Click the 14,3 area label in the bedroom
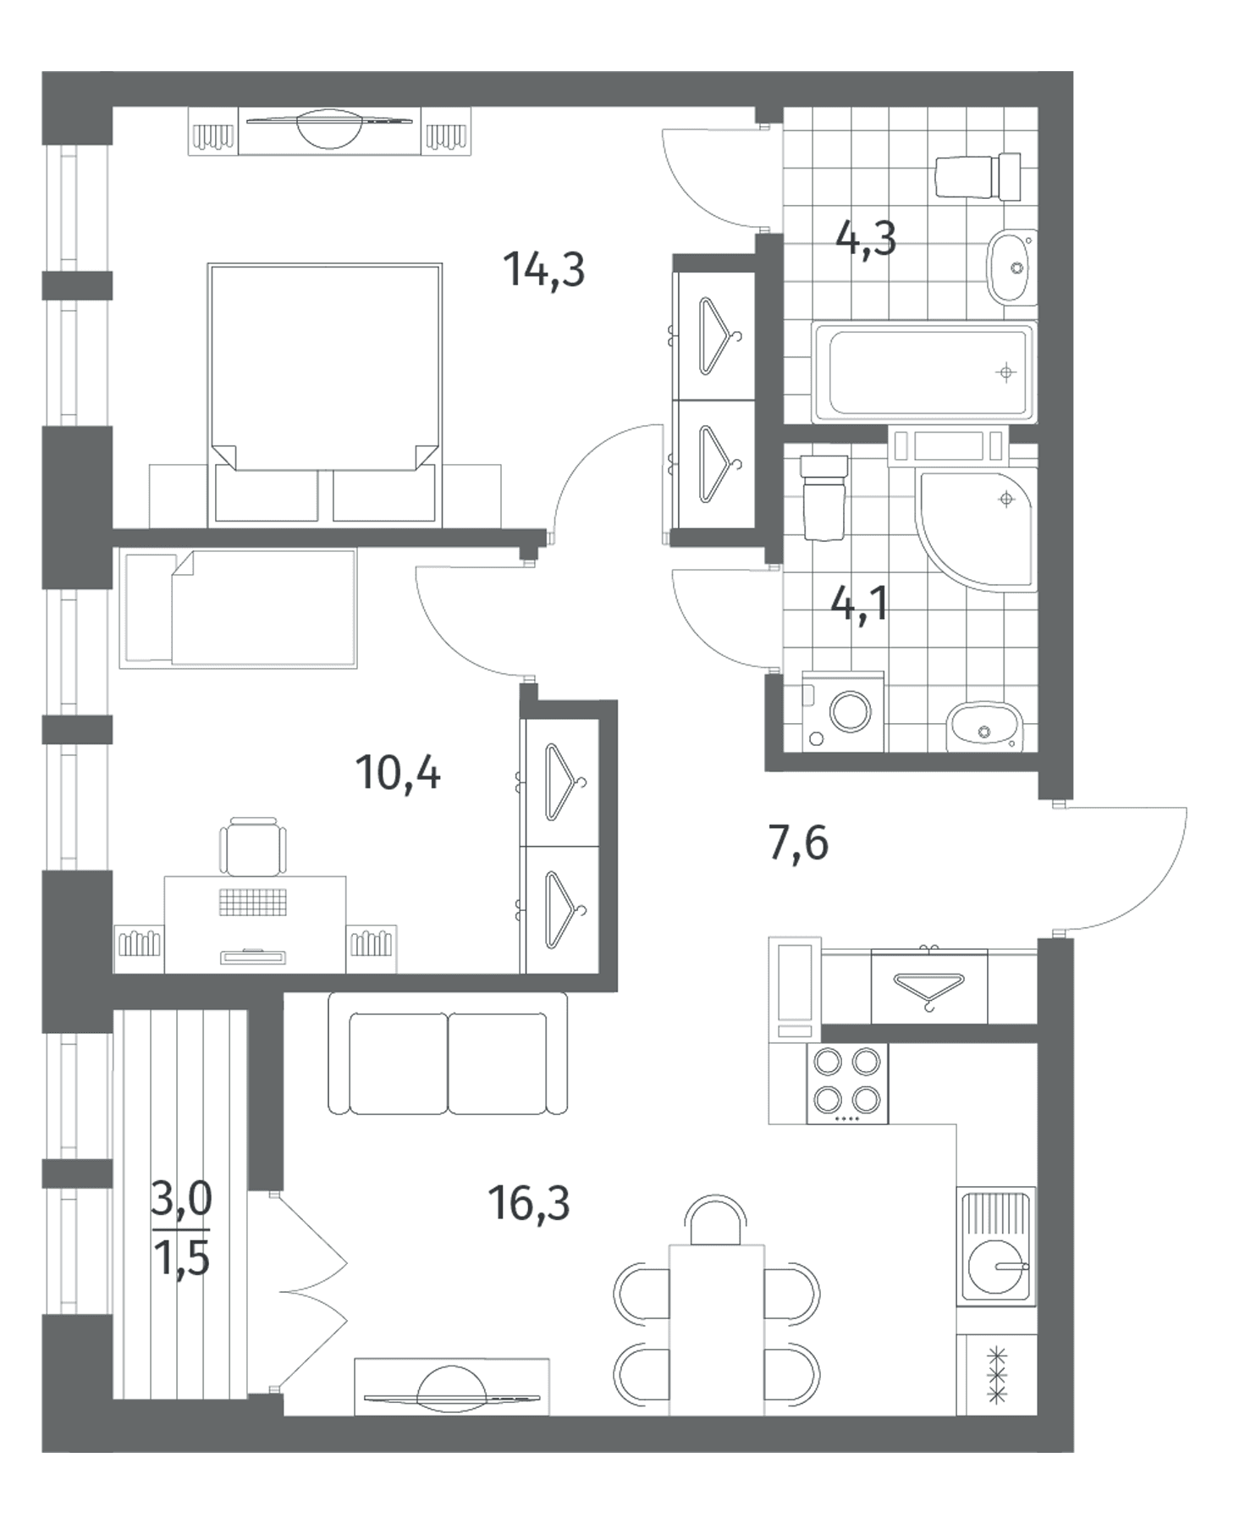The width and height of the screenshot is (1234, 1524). (x=543, y=270)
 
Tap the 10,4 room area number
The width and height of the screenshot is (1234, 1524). (x=398, y=772)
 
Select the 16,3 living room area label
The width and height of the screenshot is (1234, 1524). (x=529, y=1202)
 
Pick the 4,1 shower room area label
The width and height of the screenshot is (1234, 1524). (x=859, y=604)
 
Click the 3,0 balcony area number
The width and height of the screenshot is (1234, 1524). (x=181, y=1199)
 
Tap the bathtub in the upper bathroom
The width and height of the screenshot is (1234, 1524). (x=923, y=372)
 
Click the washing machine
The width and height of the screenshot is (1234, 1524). (x=843, y=711)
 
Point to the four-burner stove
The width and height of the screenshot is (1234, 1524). (x=846, y=1083)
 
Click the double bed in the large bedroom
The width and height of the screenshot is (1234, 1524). (x=324, y=393)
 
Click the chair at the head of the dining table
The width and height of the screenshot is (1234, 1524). (x=716, y=1220)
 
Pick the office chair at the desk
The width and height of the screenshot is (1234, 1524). (x=253, y=845)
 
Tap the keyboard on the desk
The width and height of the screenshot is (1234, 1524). (x=254, y=902)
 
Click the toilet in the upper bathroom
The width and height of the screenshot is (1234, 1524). (x=978, y=176)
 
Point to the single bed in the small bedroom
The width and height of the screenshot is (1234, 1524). (x=238, y=608)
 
